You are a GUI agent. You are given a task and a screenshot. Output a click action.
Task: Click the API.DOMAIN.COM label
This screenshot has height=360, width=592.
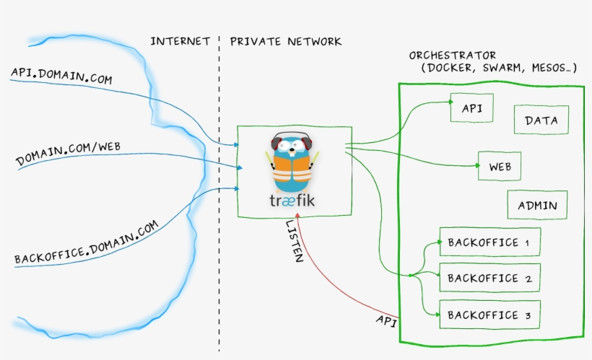tap(61, 76)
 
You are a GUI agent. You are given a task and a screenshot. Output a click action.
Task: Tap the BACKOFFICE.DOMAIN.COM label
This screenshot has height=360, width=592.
tap(85, 243)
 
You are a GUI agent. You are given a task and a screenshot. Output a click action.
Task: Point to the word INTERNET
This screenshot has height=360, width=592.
tap(180, 41)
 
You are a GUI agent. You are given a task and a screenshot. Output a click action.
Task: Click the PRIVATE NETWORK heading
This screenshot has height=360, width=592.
tap(286, 41)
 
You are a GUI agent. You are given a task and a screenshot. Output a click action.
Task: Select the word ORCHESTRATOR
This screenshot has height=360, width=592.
tap(453, 55)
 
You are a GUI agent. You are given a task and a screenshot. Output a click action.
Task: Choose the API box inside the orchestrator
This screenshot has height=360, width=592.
tap(472, 109)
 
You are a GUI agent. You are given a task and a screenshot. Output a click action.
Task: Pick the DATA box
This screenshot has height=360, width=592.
tap(541, 120)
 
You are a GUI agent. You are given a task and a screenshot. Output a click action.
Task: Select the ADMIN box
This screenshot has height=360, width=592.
tap(537, 205)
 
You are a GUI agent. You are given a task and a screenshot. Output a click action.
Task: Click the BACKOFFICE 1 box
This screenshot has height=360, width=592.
tap(489, 242)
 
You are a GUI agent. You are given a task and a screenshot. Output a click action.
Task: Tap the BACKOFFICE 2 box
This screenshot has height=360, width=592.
tap(489, 278)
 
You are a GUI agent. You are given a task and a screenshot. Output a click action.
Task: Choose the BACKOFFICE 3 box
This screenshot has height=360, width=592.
tap(489, 315)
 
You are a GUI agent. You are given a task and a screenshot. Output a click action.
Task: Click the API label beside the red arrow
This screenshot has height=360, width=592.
tap(386, 320)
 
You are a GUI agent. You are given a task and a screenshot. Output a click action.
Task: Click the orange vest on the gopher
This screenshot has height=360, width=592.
tap(292, 172)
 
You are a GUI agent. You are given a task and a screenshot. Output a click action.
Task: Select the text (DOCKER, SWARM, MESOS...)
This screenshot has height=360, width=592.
tap(498, 69)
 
